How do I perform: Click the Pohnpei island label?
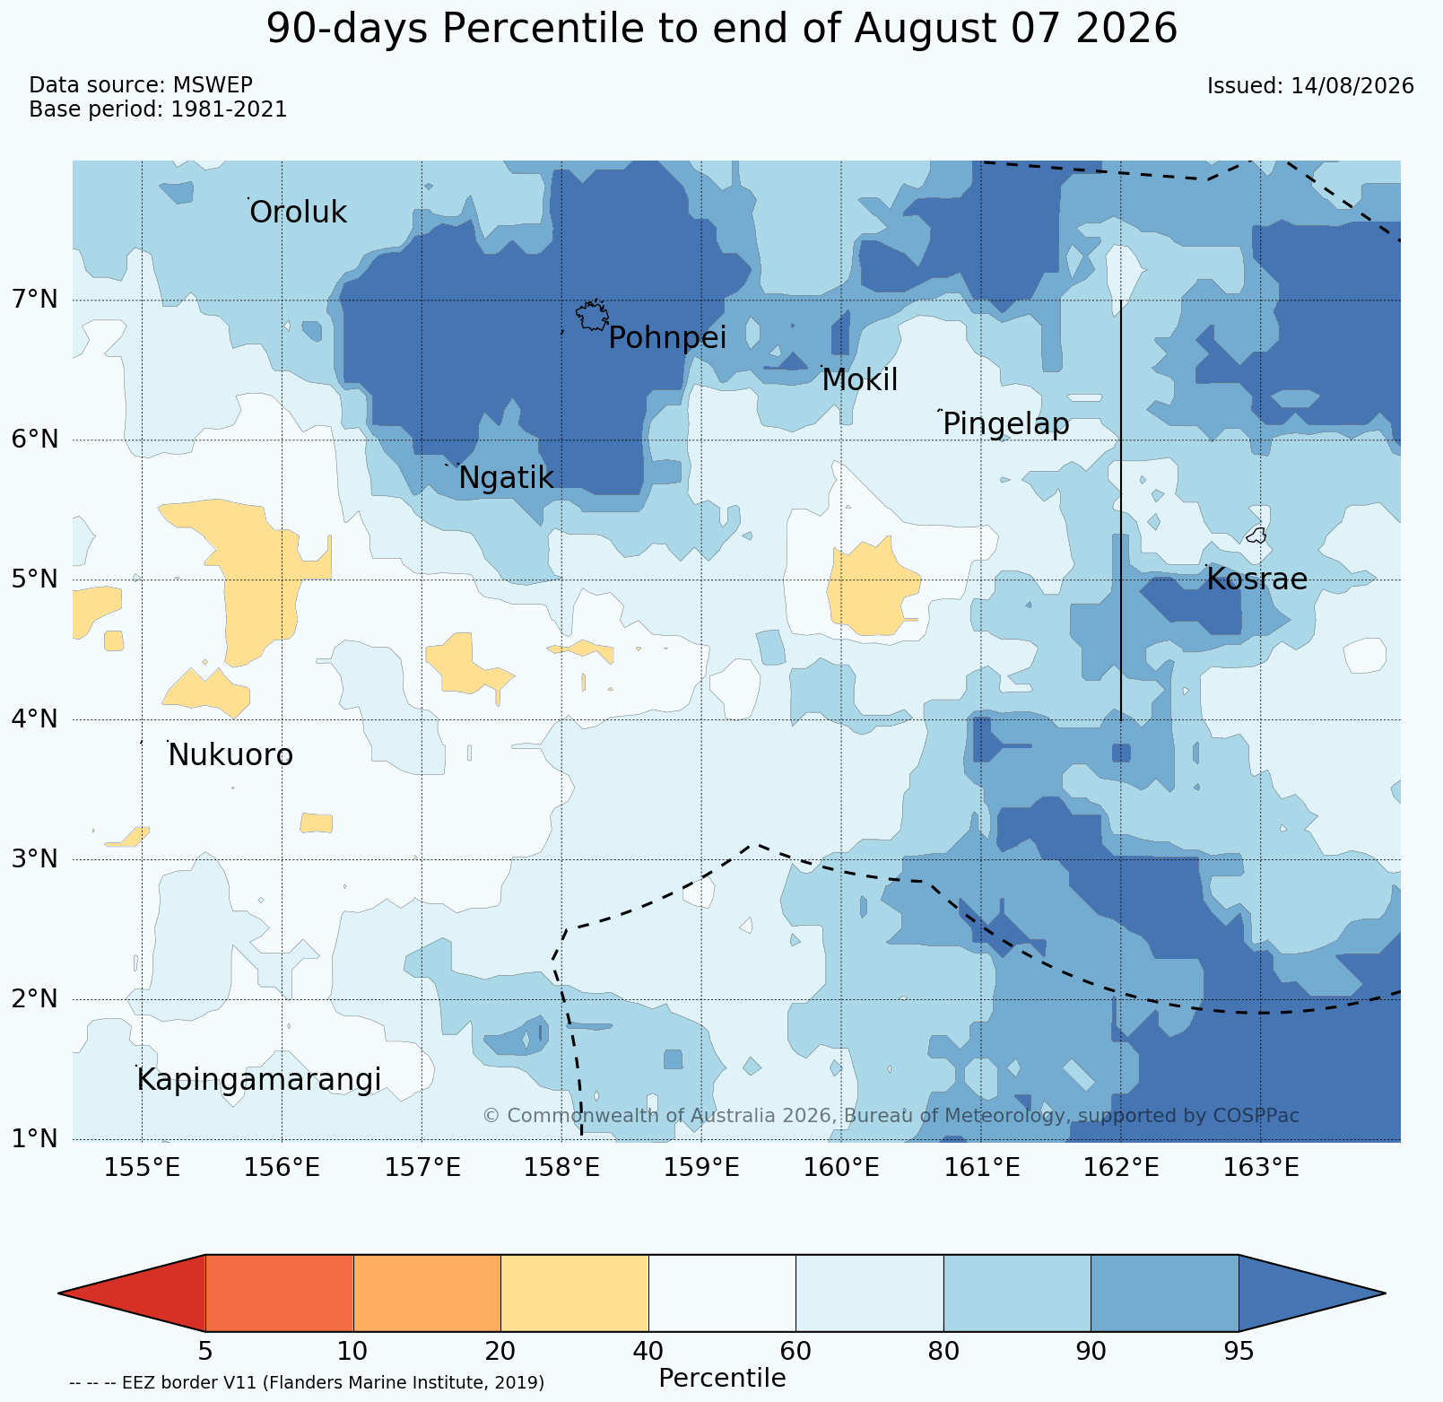coord(667,338)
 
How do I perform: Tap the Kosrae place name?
coord(1256,579)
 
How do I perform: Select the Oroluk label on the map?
coord(298,213)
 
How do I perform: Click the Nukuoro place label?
coord(230,755)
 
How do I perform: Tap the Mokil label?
coord(859,380)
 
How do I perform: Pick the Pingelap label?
coord(1006,424)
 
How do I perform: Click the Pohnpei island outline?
coord(592,315)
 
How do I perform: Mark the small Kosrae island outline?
coord(1256,536)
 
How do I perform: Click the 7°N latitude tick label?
coord(36,300)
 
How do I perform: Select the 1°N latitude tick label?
coord(36,1139)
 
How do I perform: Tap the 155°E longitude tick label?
coord(143,1168)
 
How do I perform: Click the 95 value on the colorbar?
coord(1239,1352)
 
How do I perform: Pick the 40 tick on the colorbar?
coord(648,1352)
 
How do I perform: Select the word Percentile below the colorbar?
coord(722,1378)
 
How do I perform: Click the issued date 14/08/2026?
coord(1352,86)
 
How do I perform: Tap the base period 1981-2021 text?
coord(229,109)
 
